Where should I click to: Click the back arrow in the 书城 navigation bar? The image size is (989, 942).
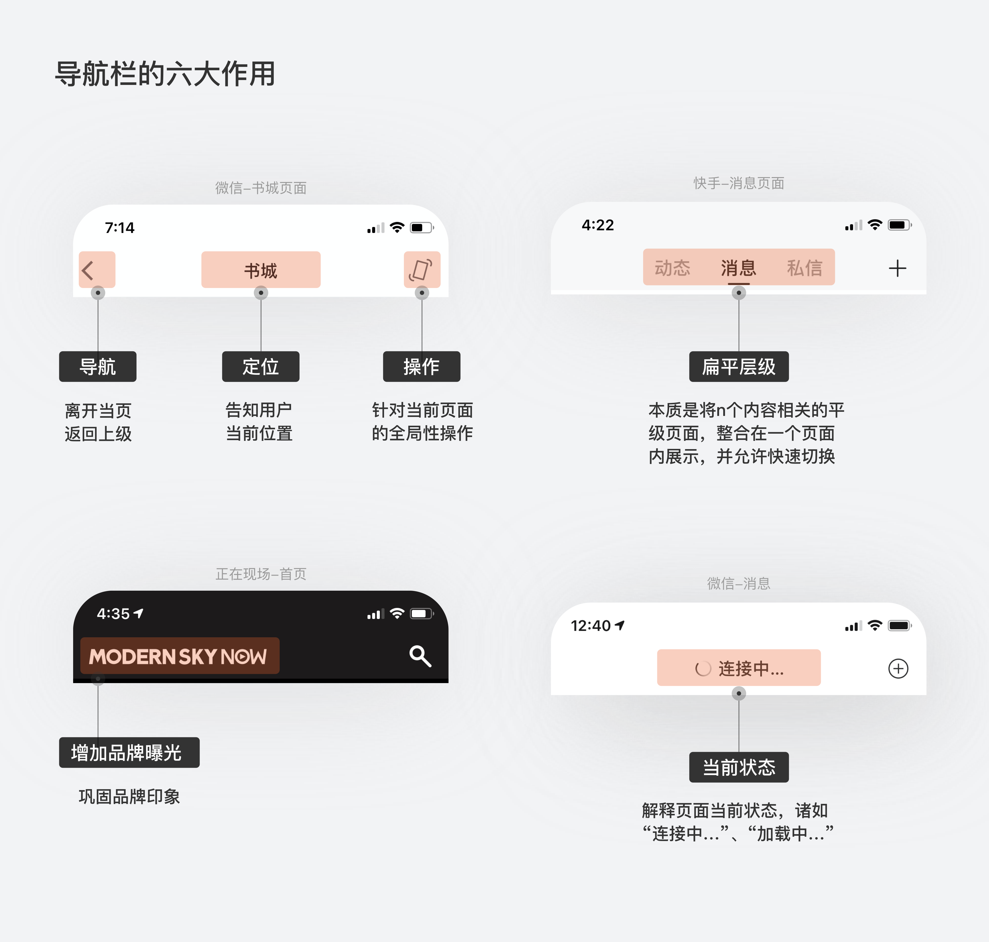pyautogui.click(x=88, y=270)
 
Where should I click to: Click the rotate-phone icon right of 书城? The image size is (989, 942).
pyautogui.click(x=421, y=270)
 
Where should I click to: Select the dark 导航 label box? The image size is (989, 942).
pyautogui.click(x=98, y=367)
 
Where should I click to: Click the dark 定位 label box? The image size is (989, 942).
pyautogui.click(x=261, y=367)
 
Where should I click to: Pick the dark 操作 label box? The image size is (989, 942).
pyautogui.click(x=422, y=367)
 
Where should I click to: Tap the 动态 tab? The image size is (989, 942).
pyautogui.click(x=672, y=268)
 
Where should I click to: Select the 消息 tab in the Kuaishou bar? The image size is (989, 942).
pyautogui.click(x=738, y=268)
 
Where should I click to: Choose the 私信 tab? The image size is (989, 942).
pyautogui.click(x=805, y=268)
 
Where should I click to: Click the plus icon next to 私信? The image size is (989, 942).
pyautogui.click(x=898, y=268)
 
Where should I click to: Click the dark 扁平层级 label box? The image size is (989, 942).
pyautogui.click(x=739, y=367)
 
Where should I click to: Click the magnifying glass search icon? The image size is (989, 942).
pyautogui.click(x=420, y=656)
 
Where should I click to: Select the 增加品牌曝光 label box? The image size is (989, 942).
pyautogui.click(x=129, y=752)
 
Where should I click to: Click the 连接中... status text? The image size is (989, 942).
pyautogui.click(x=751, y=668)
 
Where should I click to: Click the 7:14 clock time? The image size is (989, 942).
pyautogui.click(x=120, y=228)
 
